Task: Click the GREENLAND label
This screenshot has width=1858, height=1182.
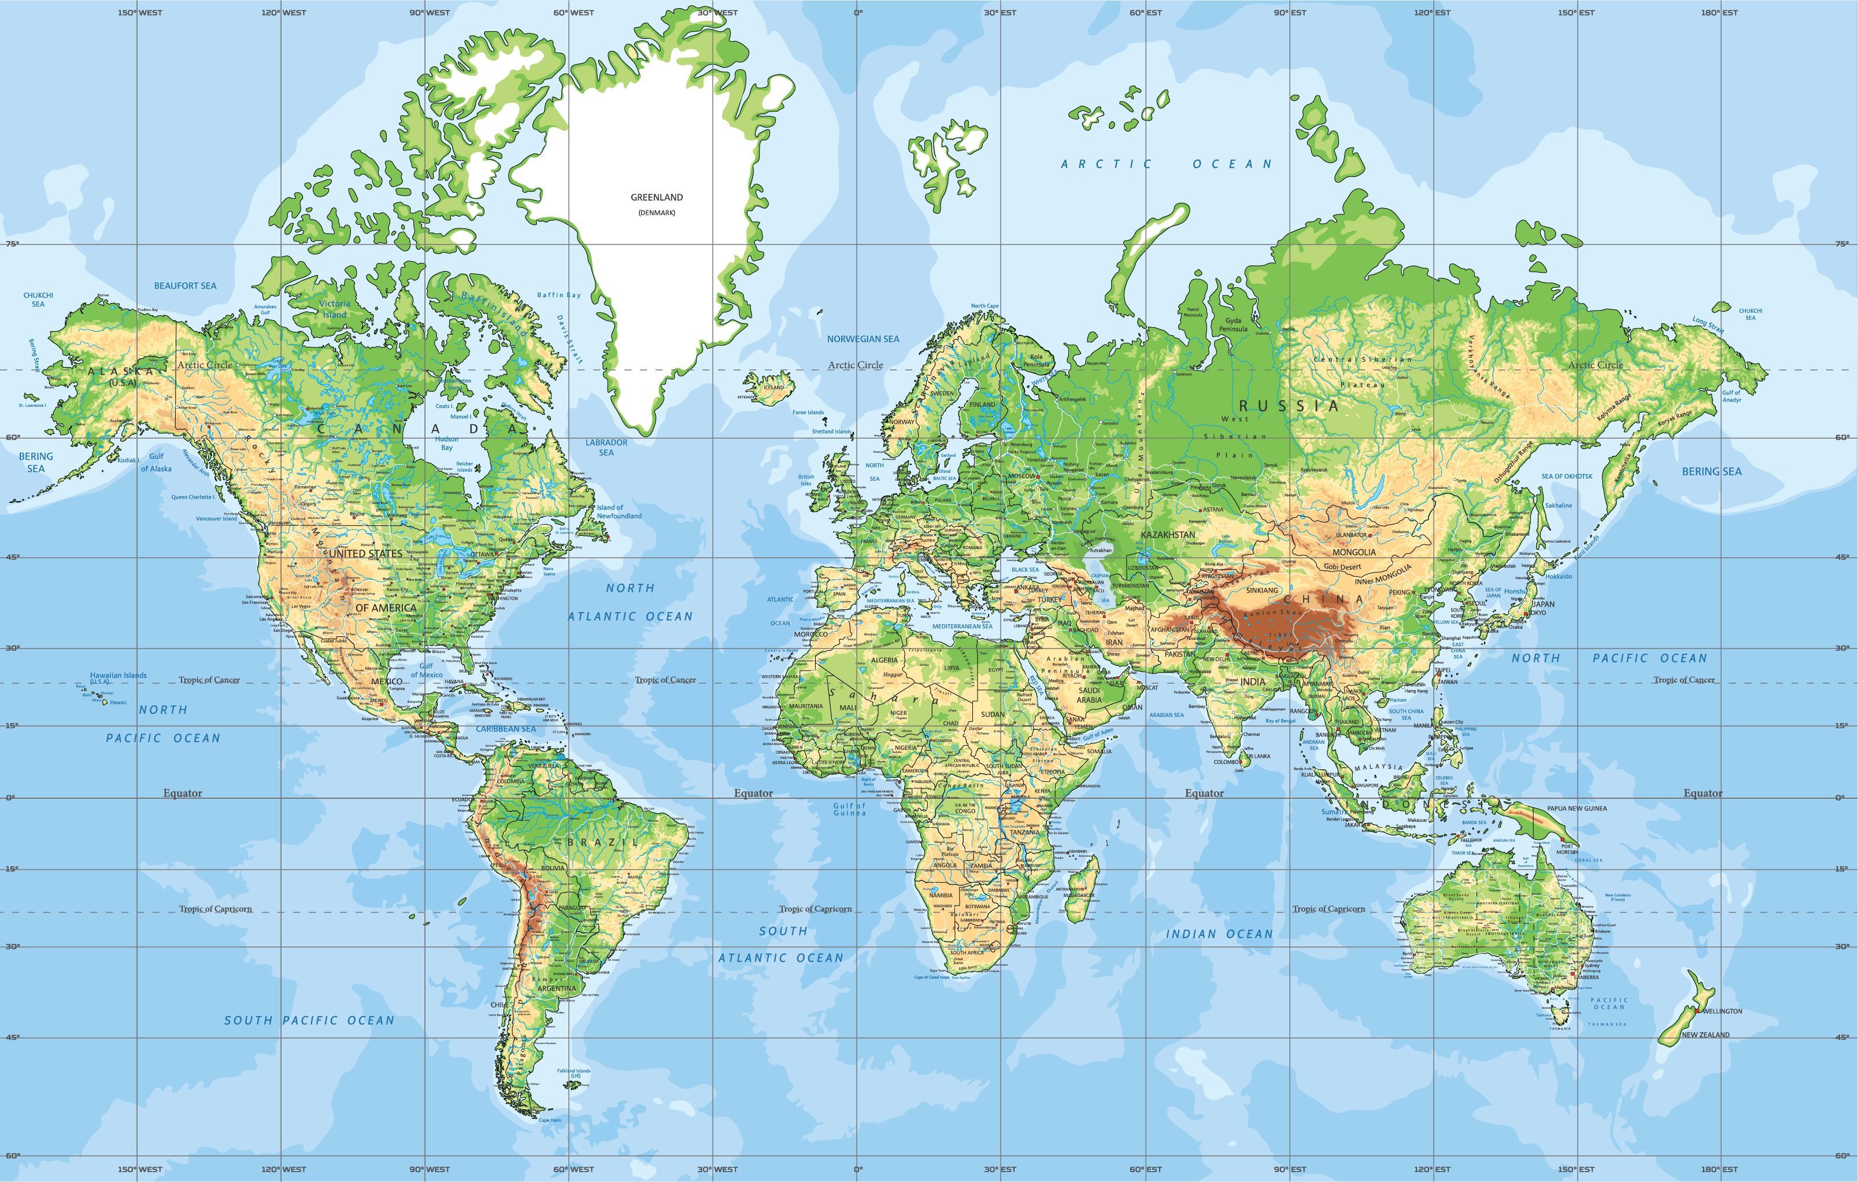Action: [657, 198]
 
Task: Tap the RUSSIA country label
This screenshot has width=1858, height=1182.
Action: [1289, 406]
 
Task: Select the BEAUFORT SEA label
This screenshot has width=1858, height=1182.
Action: [185, 286]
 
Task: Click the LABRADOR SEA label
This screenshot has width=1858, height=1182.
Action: [606, 447]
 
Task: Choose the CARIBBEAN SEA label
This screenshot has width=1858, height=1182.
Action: [505, 729]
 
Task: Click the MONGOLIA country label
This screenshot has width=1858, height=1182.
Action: [1353, 553]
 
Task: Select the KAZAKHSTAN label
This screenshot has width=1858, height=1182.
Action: [1167, 535]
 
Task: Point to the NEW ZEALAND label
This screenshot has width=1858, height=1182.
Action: [1705, 1035]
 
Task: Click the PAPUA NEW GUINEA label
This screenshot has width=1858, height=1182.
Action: [1576, 809]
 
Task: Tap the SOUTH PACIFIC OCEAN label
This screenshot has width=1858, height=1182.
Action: [309, 1021]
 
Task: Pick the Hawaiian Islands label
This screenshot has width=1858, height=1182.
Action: [118, 676]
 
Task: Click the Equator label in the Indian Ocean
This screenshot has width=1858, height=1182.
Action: [1204, 793]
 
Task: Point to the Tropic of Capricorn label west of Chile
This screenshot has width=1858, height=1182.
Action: [215, 909]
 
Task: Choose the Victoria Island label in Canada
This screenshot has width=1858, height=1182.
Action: [334, 309]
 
